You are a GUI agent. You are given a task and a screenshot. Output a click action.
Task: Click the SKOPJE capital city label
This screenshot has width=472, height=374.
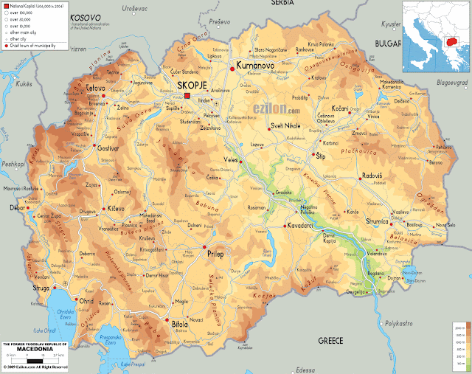(x=194, y=86)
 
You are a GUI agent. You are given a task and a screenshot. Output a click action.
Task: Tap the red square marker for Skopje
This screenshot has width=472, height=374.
(x=187, y=96)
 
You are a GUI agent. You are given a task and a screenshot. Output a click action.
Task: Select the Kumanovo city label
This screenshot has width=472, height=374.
(x=255, y=67)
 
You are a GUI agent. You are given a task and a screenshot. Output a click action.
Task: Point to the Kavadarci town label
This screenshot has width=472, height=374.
(x=305, y=224)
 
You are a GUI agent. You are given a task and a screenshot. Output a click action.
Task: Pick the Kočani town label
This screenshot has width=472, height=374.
(x=340, y=108)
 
